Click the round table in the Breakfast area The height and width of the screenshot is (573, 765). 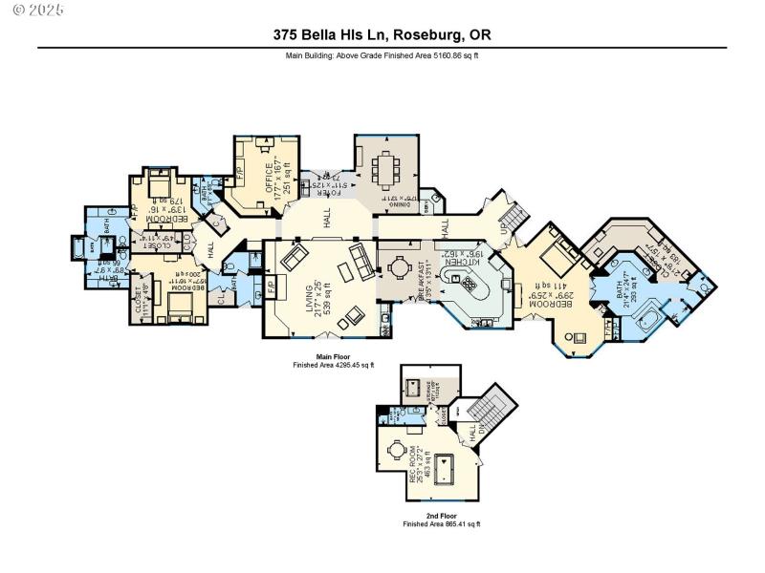point(396,270)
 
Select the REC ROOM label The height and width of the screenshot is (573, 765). point(417,463)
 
